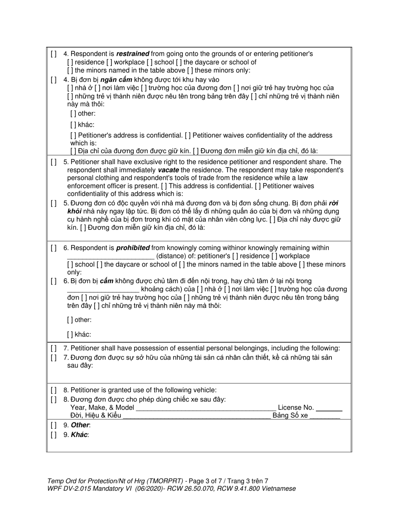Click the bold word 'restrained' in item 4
point(132,54)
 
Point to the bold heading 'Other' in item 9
point(80,425)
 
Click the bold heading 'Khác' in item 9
point(79,435)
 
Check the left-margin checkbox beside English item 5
point(53,162)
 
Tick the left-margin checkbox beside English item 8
point(53,390)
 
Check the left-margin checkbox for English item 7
point(53,348)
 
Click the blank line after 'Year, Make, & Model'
point(206,408)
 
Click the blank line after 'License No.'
point(329,408)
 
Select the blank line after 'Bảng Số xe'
point(325,416)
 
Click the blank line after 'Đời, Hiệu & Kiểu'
point(196,416)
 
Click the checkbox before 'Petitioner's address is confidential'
point(73,136)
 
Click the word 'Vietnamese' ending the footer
point(279,489)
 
